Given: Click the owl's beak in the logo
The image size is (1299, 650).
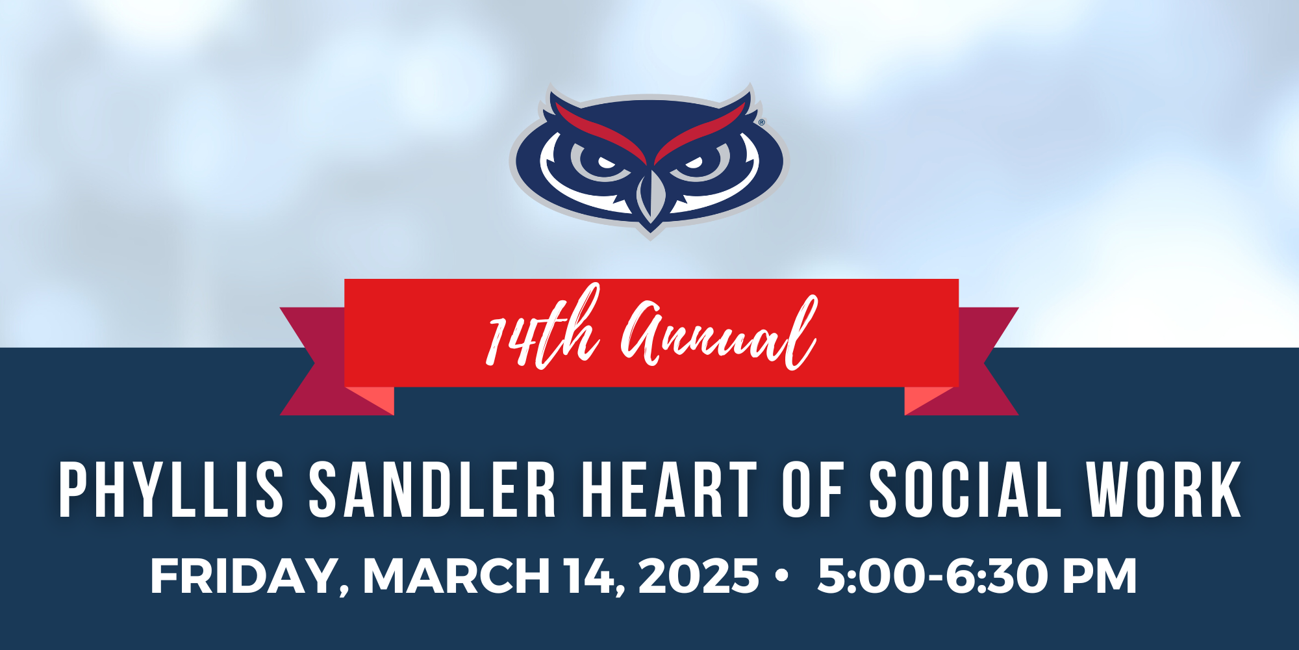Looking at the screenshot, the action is (649, 195).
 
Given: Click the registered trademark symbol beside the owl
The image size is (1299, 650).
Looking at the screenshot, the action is (762, 122).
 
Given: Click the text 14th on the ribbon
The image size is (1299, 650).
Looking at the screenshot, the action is (543, 329).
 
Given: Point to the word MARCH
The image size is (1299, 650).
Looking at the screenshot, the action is (457, 576).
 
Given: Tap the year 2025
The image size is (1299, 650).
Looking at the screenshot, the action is (699, 576).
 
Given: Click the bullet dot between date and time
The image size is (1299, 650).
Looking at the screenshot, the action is (782, 576).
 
